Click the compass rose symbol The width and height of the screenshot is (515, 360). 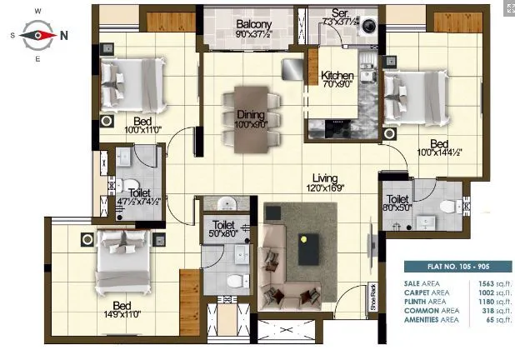pyautogui.click(x=37, y=34)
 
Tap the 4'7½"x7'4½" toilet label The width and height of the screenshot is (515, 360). pyautogui.click(x=128, y=197)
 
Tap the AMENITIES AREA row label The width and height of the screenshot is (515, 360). pyautogui.click(x=433, y=319)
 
